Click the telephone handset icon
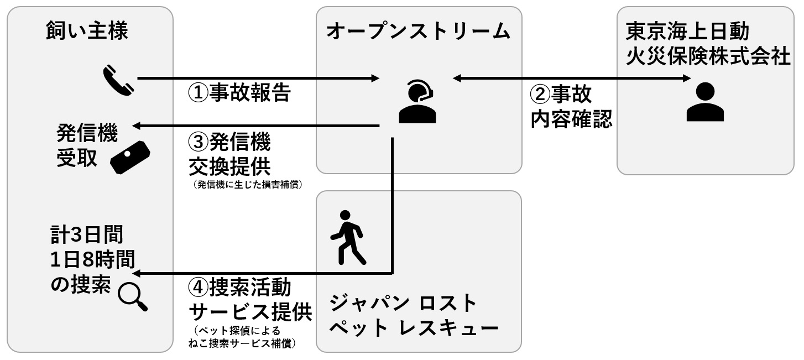(x=118, y=80)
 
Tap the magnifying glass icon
(x=133, y=297)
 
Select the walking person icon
(x=348, y=238)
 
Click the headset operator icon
(x=417, y=102)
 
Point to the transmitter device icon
(x=130, y=158)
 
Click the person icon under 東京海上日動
(x=705, y=102)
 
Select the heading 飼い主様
(x=87, y=30)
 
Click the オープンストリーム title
(x=418, y=31)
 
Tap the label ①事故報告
(x=239, y=92)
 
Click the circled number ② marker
(x=540, y=94)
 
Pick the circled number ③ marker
(x=198, y=142)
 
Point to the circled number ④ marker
(x=198, y=288)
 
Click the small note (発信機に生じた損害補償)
(x=248, y=185)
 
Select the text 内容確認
(x=571, y=119)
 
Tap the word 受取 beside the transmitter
(x=77, y=158)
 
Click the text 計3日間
(x=87, y=234)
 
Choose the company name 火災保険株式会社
(x=708, y=56)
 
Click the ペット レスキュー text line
(x=414, y=328)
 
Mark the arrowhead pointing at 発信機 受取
(x=137, y=126)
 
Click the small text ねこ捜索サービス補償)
(x=243, y=343)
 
